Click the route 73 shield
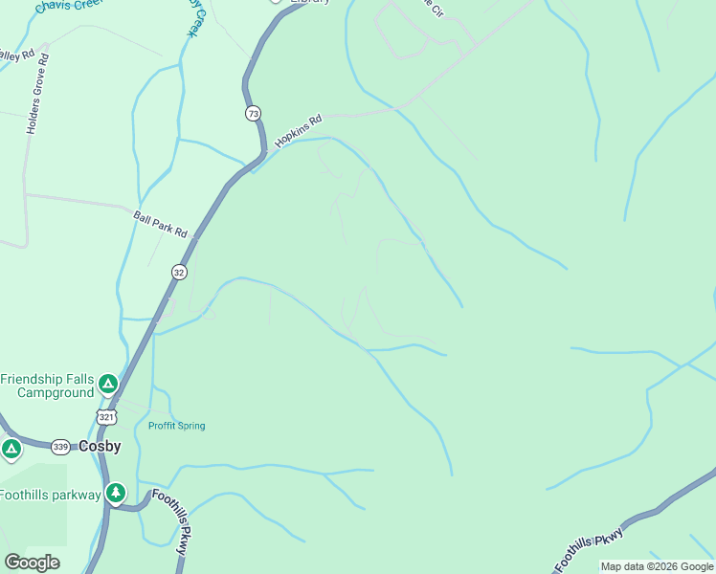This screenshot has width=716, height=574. (x=252, y=113)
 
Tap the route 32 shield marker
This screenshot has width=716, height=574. (x=179, y=272)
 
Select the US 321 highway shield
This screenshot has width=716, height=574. (x=106, y=416)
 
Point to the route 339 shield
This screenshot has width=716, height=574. (x=60, y=447)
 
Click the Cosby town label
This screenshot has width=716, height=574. (x=100, y=447)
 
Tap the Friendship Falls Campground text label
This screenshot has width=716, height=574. (x=47, y=386)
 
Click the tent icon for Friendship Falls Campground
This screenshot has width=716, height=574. (x=108, y=385)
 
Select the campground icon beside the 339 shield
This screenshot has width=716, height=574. (x=11, y=448)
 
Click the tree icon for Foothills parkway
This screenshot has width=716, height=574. (x=116, y=494)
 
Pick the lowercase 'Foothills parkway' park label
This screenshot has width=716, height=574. (x=50, y=495)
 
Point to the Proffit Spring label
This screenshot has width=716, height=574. (x=176, y=426)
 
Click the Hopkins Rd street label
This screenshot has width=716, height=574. (x=299, y=131)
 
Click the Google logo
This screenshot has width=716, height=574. (x=32, y=563)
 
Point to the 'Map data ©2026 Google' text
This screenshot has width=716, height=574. (x=657, y=566)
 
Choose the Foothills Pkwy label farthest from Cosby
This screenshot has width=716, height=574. (x=590, y=548)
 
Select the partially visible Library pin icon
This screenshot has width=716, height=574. (x=276, y=2)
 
